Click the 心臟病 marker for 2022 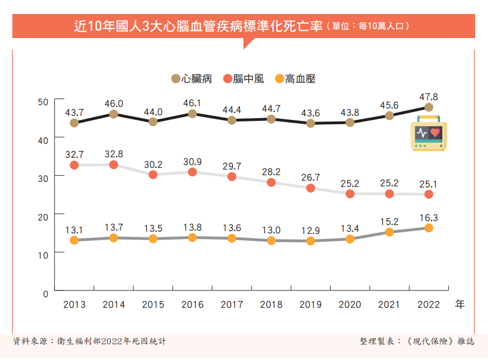pos(429,107)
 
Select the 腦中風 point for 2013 pos(74,165)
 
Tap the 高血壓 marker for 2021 pos(389,232)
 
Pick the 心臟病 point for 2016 pos(192,114)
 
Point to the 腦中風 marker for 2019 pos(310,188)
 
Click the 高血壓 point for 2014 pos(113,238)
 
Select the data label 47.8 pos(429,96)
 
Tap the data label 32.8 pos(113,154)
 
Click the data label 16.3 pos(429,217)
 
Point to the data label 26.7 pos(310,177)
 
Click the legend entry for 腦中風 pos(243,79)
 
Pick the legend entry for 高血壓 pos(295,79)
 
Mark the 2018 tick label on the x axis pos(271,305)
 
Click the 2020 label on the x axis pos(350,305)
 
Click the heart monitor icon pos(429,134)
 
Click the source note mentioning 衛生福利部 pos(90,341)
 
